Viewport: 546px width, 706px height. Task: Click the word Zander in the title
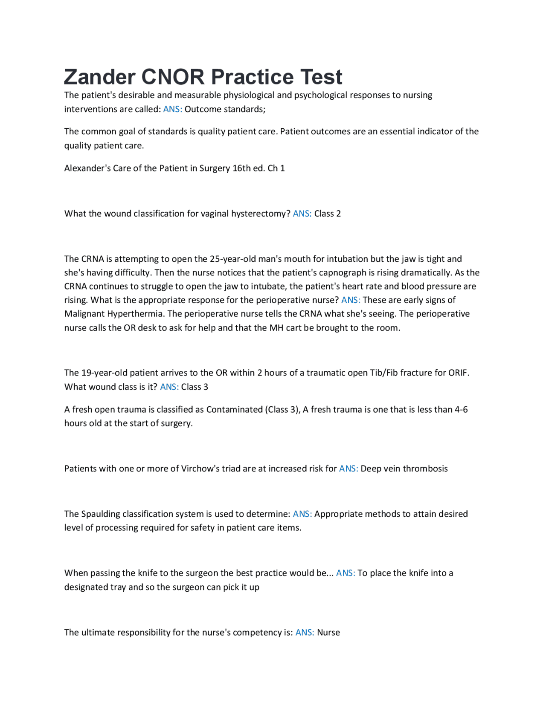(100, 77)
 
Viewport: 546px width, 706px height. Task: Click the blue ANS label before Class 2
(302, 214)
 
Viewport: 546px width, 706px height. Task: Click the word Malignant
(84, 314)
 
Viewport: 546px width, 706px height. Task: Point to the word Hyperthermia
(136, 314)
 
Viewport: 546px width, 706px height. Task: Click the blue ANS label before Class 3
(169, 387)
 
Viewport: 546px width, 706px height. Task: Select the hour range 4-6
(461, 410)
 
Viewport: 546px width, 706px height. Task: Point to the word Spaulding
(101, 514)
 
